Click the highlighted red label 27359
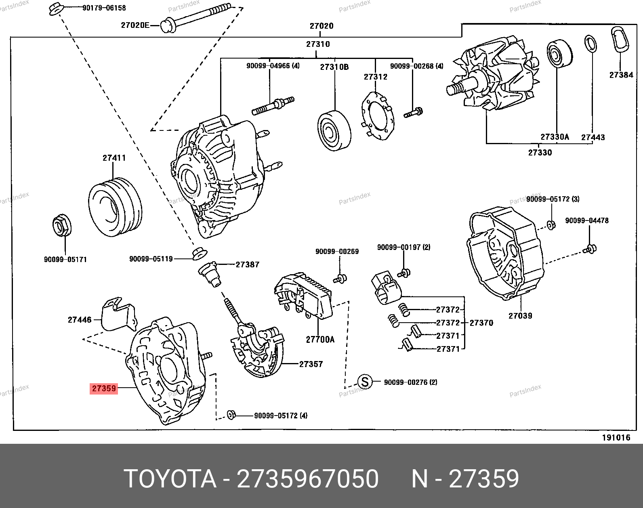(x=104, y=388)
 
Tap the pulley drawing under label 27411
(x=115, y=209)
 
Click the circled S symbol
(x=365, y=382)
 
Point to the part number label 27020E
(x=135, y=25)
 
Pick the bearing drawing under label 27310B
(x=334, y=130)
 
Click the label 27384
(x=621, y=75)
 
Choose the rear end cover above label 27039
(x=505, y=252)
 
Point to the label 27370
(x=481, y=323)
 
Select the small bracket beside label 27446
(x=118, y=314)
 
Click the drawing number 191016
(x=616, y=438)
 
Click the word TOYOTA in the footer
(x=170, y=479)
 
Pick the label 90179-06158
(x=104, y=8)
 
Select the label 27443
(x=593, y=137)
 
